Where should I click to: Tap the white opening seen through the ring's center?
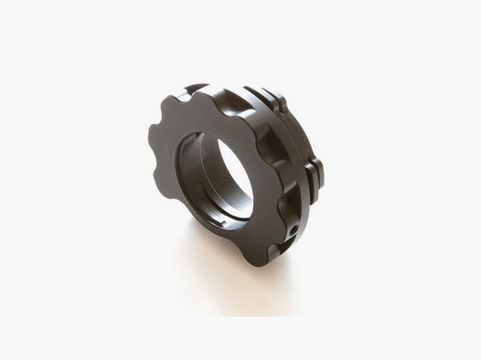coord(235,174)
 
